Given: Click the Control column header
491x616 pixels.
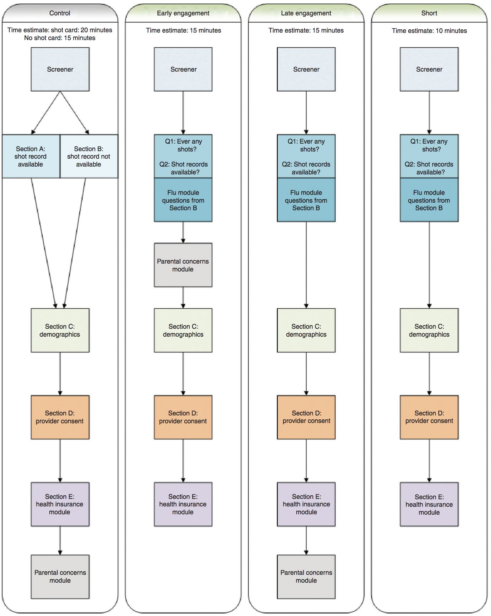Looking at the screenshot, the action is [x=60, y=13].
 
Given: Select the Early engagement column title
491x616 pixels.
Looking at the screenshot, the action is [x=183, y=13].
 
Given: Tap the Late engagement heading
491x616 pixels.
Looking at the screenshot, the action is [x=306, y=13].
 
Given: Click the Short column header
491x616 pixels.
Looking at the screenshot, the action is [x=429, y=13].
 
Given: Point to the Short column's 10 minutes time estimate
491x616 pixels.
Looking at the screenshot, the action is [x=429, y=31].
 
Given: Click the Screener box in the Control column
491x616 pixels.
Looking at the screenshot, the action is [x=60, y=69].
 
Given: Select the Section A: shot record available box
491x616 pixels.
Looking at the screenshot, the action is [x=31, y=157].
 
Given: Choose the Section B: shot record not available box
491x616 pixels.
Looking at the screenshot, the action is [x=89, y=157].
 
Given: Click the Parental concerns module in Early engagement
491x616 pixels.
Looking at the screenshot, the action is [x=183, y=265].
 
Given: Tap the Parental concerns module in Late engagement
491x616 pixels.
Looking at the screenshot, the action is [x=306, y=577].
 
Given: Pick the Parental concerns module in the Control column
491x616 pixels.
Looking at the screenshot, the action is [x=60, y=577].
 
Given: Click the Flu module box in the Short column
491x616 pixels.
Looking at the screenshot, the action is [x=429, y=200].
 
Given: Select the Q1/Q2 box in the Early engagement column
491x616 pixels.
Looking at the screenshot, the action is [x=183, y=157].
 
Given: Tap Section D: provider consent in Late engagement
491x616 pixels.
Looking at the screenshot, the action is [x=306, y=417].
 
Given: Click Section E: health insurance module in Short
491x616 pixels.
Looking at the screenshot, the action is [x=429, y=504].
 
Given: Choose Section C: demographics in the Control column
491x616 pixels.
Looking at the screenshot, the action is [x=60, y=330].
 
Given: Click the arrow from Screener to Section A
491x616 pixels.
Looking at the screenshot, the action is [x=46, y=113].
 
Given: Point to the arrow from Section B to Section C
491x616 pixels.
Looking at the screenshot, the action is [x=75, y=243].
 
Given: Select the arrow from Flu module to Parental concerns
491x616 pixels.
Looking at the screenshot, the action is [x=183, y=232].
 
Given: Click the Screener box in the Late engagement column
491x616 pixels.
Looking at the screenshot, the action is [x=306, y=69].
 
